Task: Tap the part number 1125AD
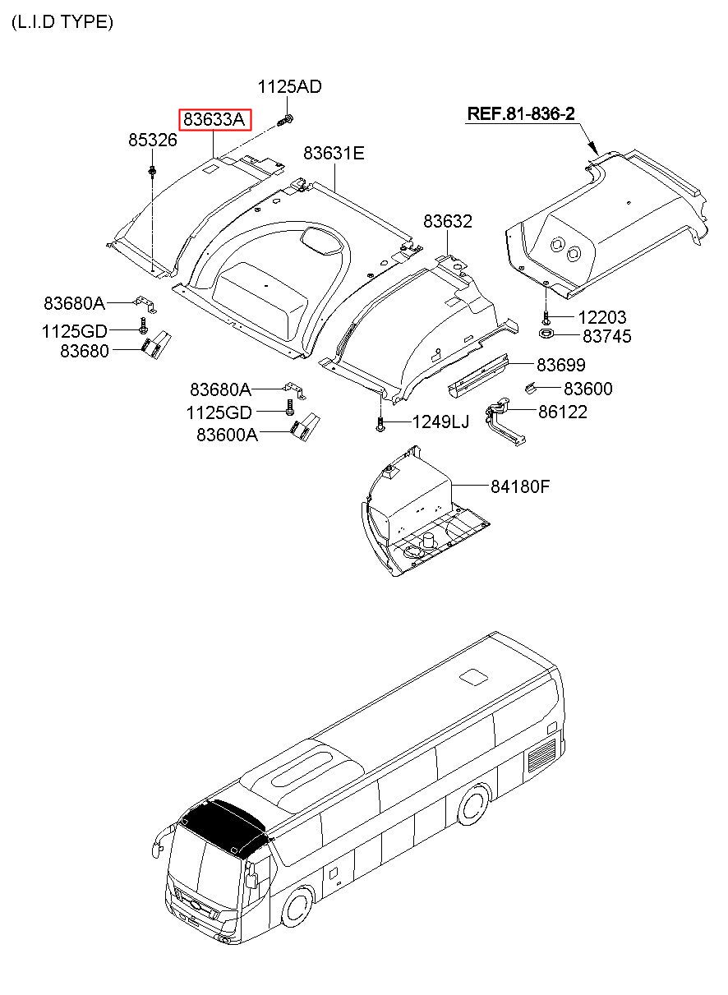point(289,86)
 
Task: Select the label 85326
point(152,140)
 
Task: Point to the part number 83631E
point(334,153)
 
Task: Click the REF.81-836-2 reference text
point(521,114)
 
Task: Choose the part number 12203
point(601,317)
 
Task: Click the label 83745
point(607,336)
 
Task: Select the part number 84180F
point(520,486)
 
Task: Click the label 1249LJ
point(440,422)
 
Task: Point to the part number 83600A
point(227,435)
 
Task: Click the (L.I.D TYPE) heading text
point(62,22)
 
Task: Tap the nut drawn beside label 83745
point(546,334)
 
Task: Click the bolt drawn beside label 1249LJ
point(380,423)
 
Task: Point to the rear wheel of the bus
point(474,804)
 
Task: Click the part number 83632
point(448,221)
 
